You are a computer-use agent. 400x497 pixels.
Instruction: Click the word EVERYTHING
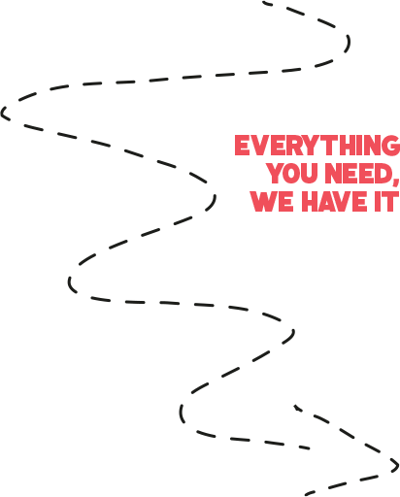coord(317,146)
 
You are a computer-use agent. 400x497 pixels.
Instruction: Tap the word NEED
coord(357,173)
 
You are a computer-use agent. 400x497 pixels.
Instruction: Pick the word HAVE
coord(335,201)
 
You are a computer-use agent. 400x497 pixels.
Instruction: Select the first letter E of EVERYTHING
coord(243,146)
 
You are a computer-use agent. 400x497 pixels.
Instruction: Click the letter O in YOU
coord(292,174)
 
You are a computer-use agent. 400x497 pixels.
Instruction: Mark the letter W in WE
coord(264,201)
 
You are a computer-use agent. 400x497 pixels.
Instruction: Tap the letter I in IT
coord(378,201)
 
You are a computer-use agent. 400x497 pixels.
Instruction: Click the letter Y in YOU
coord(276,173)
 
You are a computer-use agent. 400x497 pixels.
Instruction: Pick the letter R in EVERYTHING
coord(293,146)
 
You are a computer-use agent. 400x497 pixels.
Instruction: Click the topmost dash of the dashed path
coord(267,4)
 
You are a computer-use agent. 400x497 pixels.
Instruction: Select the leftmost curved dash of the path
coord(4,114)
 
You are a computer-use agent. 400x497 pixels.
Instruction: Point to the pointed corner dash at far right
coord(396,465)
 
